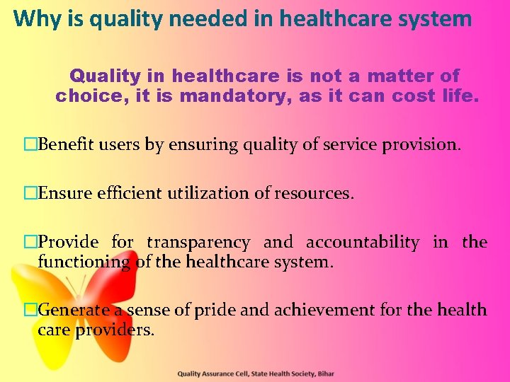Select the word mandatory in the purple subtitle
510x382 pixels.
coord(238,96)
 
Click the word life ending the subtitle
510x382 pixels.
coord(458,96)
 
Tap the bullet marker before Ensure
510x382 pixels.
coord(30,193)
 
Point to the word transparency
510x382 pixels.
coord(198,243)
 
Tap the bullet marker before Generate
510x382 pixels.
coord(30,309)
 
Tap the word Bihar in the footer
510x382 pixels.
coord(324,374)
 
